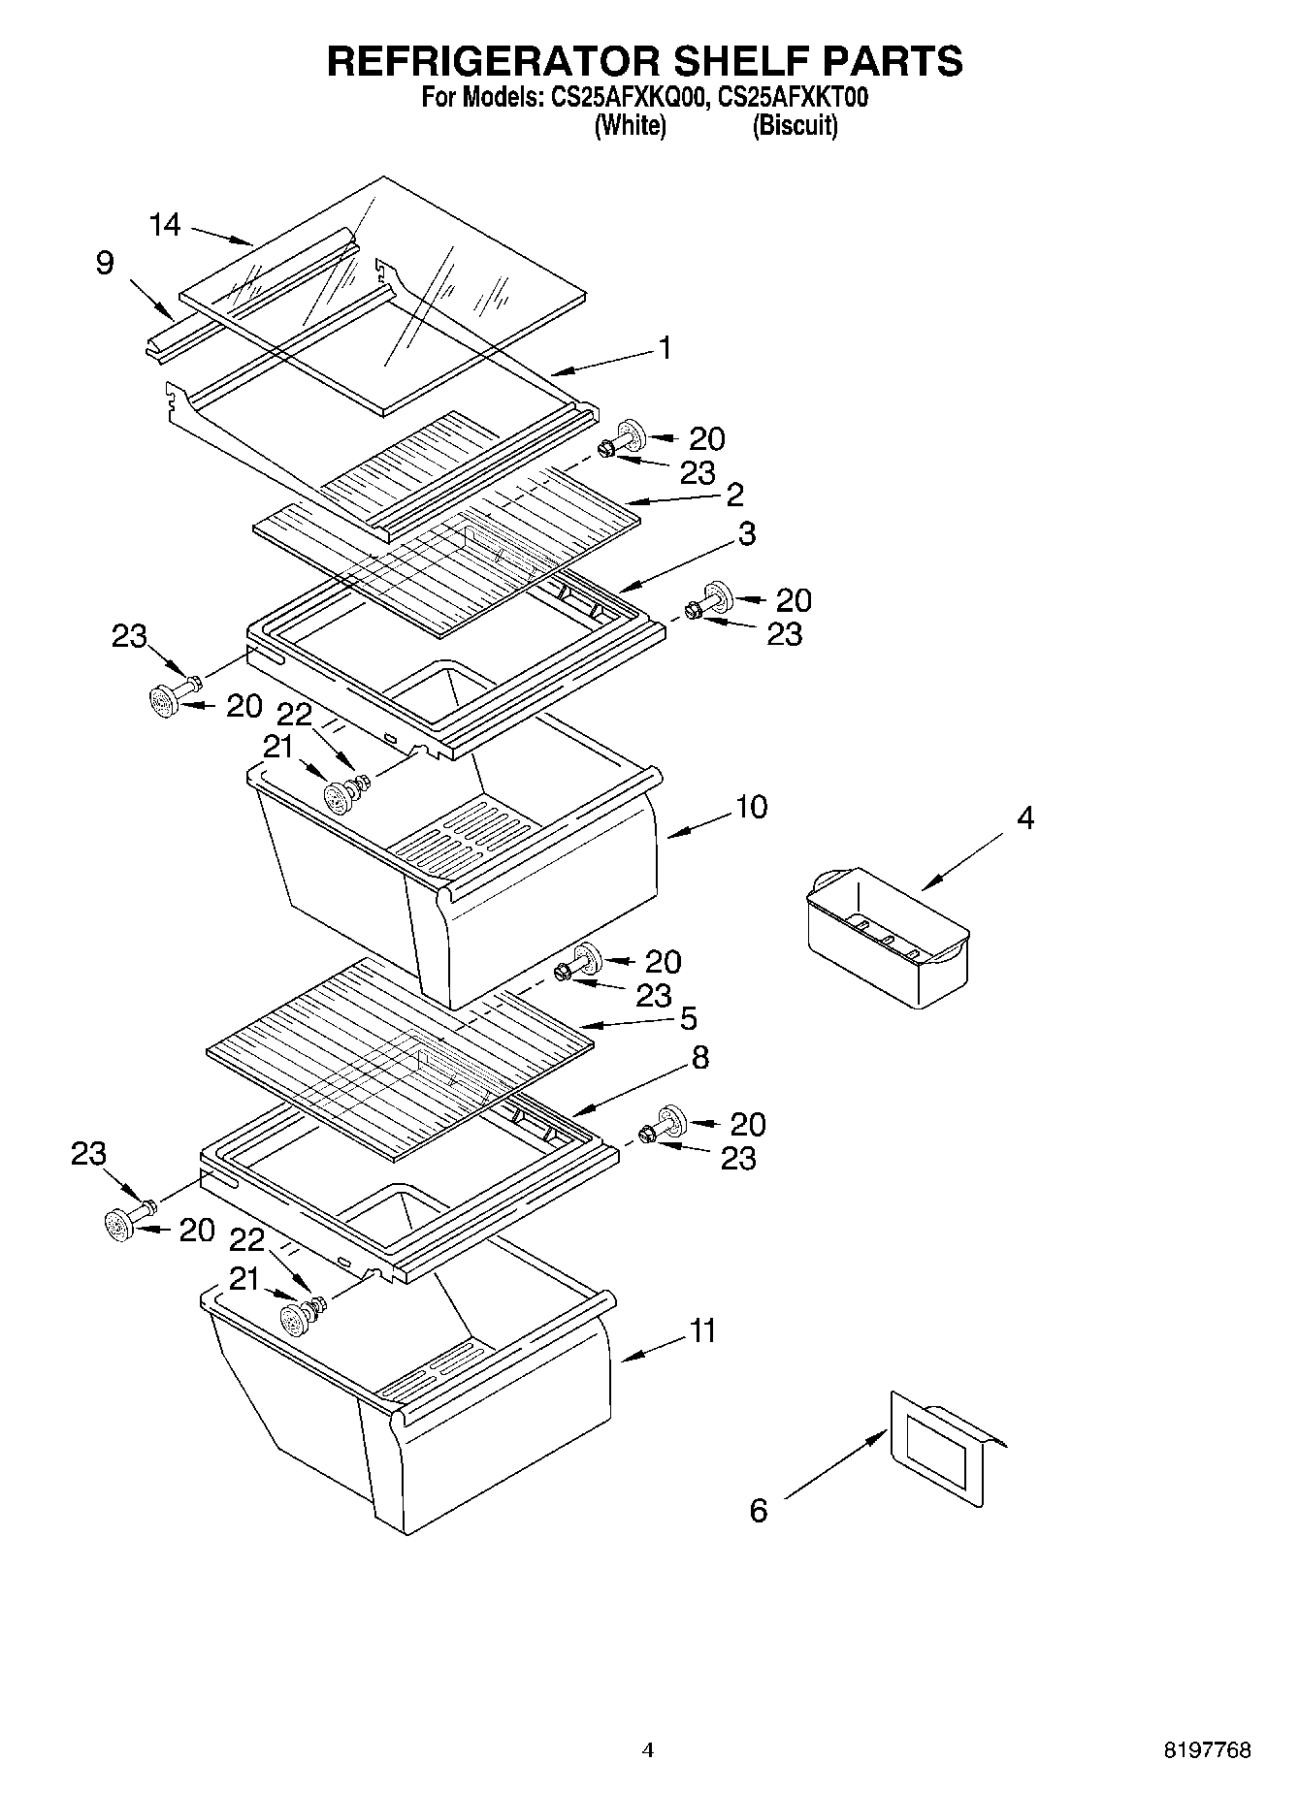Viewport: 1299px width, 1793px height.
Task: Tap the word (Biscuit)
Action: (795, 125)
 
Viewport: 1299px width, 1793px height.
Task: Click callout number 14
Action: (165, 225)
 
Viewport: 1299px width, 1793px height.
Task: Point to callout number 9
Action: (106, 263)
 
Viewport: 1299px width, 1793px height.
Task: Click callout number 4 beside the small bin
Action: (1025, 817)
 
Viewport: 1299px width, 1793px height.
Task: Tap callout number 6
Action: (759, 1510)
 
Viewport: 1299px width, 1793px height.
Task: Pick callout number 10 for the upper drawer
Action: (751, 807)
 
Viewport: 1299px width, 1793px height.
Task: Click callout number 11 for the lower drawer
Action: (703, 1330)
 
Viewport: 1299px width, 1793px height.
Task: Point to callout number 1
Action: (666, 347)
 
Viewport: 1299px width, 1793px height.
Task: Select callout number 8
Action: (699, 1057)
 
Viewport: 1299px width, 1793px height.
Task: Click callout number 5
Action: (688, 1018)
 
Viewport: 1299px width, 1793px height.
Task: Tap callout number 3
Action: (747, 533)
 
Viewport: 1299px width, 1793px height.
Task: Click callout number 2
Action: (734, 494)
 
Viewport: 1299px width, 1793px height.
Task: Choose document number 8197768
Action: (1207, 1750)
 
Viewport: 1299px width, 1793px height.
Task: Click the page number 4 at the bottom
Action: (648, 1750)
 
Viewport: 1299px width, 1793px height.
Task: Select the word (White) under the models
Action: (630, 125)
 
